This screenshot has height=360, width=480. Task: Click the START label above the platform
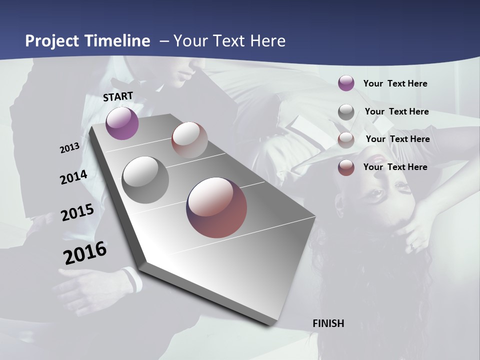[118, 96]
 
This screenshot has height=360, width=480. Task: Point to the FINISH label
[328, 323]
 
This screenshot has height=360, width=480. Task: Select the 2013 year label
[70, 148]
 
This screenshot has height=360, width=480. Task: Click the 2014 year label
[73, 177]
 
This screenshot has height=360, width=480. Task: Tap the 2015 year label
[77, 212]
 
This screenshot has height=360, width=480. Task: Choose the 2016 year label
[85, 253]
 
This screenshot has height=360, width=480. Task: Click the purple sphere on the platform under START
[122, 123]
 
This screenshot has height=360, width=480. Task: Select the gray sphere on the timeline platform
[145, 179]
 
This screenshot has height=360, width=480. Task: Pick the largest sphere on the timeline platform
[216, 207]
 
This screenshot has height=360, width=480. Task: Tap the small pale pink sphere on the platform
[189, 140]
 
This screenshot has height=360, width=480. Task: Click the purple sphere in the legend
[346, 83]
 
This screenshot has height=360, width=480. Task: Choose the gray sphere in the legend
[346, 112]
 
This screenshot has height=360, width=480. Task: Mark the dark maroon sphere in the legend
[346, 168]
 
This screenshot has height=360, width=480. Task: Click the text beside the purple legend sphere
[395, 83]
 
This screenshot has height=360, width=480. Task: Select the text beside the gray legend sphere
[396, 111]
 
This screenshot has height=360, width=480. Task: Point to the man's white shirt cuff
[132, 279]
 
